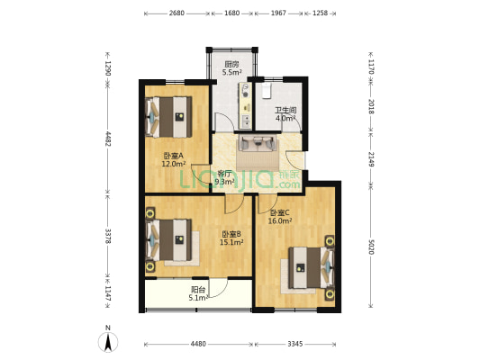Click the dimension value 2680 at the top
[177, 13]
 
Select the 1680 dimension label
[231, 13]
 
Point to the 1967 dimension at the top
[278, 13]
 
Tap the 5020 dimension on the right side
[371, 247]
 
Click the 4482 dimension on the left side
[107, 139]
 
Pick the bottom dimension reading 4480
[198, 344]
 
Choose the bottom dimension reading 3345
[295, 344]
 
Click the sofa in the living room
[258, 143]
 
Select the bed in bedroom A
[168, 117]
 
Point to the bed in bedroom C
[312, 268]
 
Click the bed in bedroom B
[168, 239]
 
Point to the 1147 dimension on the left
[107, 297]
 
